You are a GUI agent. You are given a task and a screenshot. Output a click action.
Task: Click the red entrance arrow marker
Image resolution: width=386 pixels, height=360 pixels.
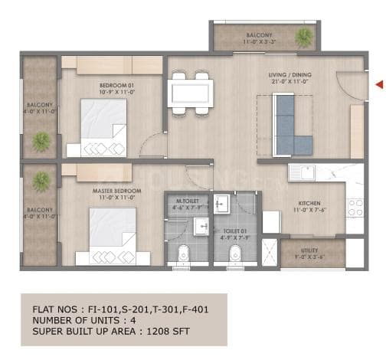coord(379,84)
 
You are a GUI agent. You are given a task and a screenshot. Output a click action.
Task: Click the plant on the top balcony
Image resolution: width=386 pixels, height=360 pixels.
coord(305,36)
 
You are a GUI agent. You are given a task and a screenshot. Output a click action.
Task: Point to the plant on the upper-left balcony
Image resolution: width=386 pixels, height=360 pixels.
coord(41,140)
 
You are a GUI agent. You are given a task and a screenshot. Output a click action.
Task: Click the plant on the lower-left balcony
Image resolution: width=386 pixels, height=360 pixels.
coord(41,181)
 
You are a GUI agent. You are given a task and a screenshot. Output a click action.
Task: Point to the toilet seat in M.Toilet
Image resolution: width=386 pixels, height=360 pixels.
coord(183,254)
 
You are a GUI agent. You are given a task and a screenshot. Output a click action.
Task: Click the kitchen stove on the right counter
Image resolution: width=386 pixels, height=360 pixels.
coord(355,206)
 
